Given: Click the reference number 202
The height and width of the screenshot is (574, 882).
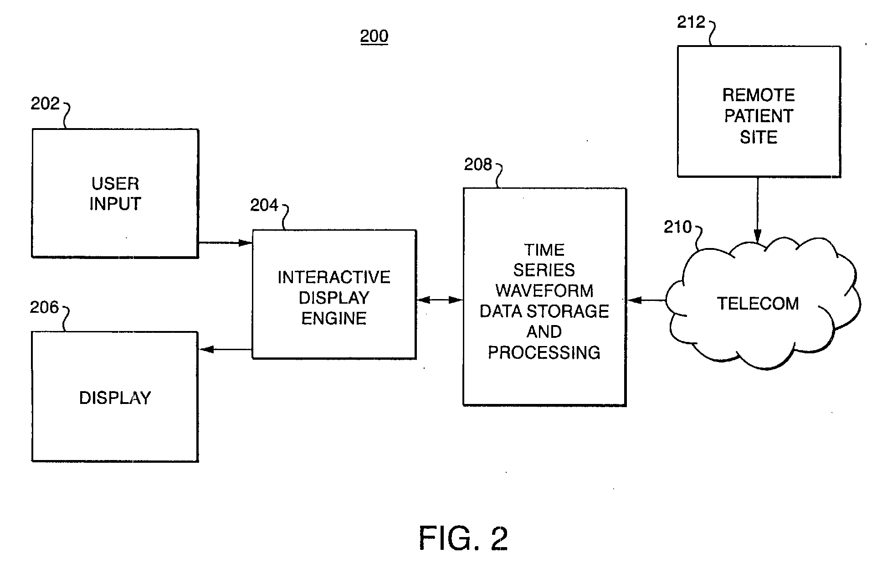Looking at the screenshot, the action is pyautogui.click(x=45, y=104).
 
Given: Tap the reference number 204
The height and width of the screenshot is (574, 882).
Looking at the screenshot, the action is pyautogui.click(x=264, y=205).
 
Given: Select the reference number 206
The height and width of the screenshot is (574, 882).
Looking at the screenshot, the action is pyautogui.click(x=45, y=307).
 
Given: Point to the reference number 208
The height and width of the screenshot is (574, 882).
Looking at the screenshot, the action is pyautogui.click(x=478, y=164).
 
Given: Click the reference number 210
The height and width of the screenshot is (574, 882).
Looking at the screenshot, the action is pyautogui.click(x=677, y=227).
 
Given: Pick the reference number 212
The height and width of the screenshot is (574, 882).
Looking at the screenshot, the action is pyautogui.click(x=691, y=22).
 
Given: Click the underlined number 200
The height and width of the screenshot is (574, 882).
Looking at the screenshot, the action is pyautogui.click(x=374, y=36).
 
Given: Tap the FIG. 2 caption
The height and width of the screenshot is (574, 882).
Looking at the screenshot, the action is pyautogui.click(x=463, y=538).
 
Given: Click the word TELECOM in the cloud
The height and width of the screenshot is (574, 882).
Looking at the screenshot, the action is pyautogui.click(x=758, y=304).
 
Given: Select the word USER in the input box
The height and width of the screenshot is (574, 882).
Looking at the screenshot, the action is pyautogui.click(x=115, y=184).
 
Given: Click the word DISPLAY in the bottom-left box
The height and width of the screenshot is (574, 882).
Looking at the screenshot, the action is pyautogui.click(x=115, y=398).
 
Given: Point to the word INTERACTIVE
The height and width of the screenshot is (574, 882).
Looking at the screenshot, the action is pyautogui.click(x=334, y=277).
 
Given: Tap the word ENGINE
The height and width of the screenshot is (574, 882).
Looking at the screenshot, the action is pyautogui.click(x=334, y=318).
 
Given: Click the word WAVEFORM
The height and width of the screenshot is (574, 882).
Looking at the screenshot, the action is pyautogui.click(x=544, y=290).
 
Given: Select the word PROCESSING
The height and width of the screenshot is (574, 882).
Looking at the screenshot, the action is pyautogui.click(x=544, y=352).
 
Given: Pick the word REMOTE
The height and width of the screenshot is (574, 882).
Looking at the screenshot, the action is pyautogui.click(x=759, y=95).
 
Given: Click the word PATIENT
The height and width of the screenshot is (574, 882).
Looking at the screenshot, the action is pyautogui.click(x=759, y=116).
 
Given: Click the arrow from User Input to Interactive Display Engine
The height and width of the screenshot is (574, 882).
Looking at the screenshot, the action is pyautogui.click(x=225, y=243).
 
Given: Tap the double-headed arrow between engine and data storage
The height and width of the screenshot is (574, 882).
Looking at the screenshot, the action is pyautogui.click(x=440, y=300).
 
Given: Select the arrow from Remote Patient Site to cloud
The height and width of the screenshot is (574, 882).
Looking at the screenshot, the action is pyautogui.click(x=758, y=209).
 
